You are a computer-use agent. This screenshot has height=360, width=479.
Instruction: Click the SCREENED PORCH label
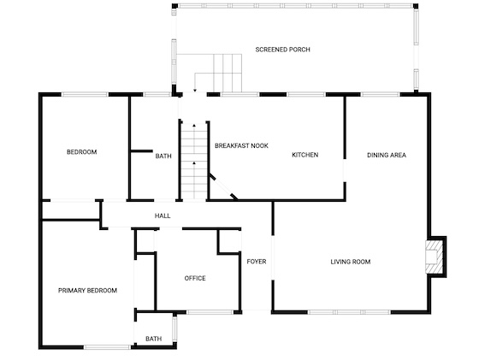coord(282,50)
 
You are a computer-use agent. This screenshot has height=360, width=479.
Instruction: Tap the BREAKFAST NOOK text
coord(241,145)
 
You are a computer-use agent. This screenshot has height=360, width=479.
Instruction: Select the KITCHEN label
coord(305,155)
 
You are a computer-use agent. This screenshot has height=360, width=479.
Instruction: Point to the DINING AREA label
coord(387,155)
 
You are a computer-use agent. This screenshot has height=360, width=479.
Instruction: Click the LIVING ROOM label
coord(351,262)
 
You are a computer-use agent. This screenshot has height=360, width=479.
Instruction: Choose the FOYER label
coord(257,262)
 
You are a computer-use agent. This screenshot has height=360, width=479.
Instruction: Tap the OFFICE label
coord(195,278)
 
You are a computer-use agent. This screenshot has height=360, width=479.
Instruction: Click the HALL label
coord(163,215)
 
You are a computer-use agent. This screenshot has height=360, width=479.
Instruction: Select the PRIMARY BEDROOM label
coord(87,291)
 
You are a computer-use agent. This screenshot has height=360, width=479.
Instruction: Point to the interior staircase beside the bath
coord(194,161)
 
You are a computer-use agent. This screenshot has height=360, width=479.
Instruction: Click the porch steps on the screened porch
coord(228,73)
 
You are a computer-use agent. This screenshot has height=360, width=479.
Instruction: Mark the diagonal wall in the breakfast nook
coord(222,186)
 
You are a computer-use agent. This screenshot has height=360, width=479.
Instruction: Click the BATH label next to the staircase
coord(163,156)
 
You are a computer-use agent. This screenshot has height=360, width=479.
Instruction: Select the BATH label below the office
coord(154,339)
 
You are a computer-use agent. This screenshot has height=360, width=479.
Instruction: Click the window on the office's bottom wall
coord(210,312)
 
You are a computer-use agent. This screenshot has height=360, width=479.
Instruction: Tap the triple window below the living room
coord(349,312)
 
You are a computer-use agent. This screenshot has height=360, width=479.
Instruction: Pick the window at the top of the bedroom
coord(85,94)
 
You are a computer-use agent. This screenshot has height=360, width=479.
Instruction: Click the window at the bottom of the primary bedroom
coord(107,347)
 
